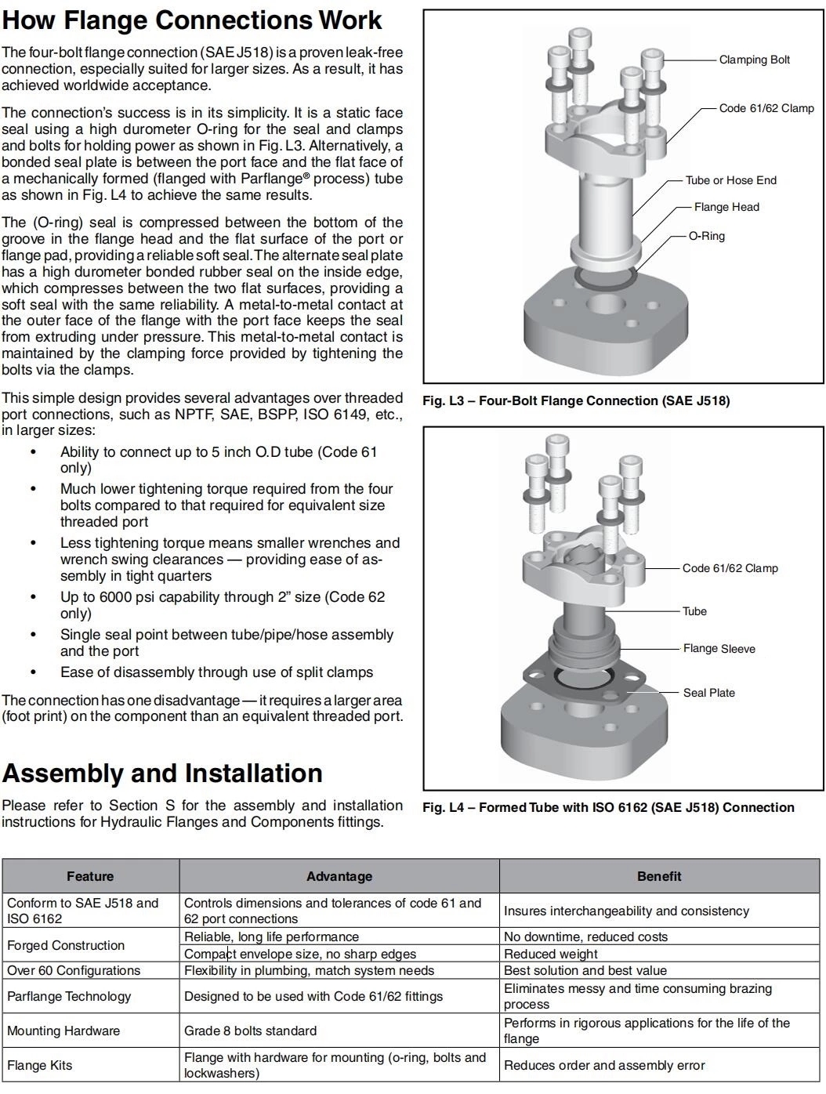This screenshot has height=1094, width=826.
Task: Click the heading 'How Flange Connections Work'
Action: tap(192, 20)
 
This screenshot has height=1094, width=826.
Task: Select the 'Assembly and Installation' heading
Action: tap(162, 773)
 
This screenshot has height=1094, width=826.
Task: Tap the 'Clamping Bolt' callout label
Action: tap(754, 60)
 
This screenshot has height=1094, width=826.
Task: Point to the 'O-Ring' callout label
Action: tap(706, 236)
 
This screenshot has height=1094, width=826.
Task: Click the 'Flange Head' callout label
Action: tap(726, 207)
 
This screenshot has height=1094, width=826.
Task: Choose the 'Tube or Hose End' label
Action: tap(730, 180)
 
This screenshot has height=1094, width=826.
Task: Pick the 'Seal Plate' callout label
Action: tap(708, 693)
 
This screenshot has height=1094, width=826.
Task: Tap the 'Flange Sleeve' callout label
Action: tap(719, 649)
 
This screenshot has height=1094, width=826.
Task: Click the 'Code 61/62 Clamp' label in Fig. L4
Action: tap(730, 568)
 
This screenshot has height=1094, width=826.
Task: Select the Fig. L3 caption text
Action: tap(576, 401)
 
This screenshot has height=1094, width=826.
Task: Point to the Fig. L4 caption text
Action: tap(608, 808)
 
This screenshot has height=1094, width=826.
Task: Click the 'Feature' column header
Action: tap(90, 876)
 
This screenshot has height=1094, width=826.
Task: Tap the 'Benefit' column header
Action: tap(658, 876)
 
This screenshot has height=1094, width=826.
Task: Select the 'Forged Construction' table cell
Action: tap(66, 945)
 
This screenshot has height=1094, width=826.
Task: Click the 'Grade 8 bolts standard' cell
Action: tap(250, 1031)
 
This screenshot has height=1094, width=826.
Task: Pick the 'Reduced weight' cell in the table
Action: tap(550, 954)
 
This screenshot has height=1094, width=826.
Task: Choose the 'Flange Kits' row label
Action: tap(39, 1065)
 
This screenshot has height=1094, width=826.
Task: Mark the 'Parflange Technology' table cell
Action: tap(69, 996)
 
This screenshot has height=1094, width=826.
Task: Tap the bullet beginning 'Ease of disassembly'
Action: tap(216, 672)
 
